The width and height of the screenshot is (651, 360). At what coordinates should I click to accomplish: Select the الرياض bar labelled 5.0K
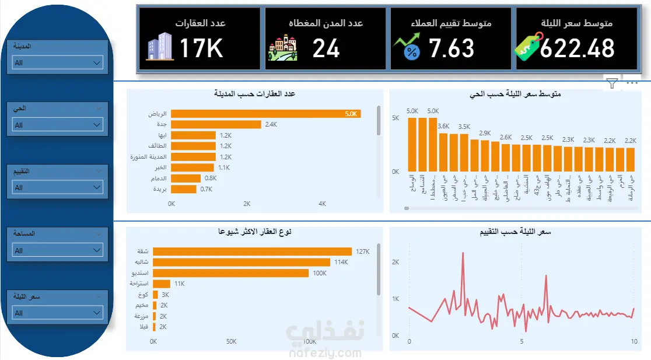[x=265, y=114]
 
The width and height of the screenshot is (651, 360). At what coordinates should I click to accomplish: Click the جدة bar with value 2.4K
[x=216, y=124]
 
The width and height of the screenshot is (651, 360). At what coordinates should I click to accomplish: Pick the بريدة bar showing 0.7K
[x=183, y=189]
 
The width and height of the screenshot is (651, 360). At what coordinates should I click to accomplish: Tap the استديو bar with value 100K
[x=230, y=273]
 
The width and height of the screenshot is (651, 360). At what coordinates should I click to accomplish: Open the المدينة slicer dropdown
[x=57, y=62]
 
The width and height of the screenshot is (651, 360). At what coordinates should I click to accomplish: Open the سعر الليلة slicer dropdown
[x=57, y=313]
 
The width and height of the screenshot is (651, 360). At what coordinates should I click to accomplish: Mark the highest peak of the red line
[x=463, y=253]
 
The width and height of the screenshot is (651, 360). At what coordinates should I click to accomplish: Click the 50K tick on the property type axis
[x=232, y=341]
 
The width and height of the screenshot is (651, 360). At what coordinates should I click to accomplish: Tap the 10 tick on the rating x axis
[x=633, y=341]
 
